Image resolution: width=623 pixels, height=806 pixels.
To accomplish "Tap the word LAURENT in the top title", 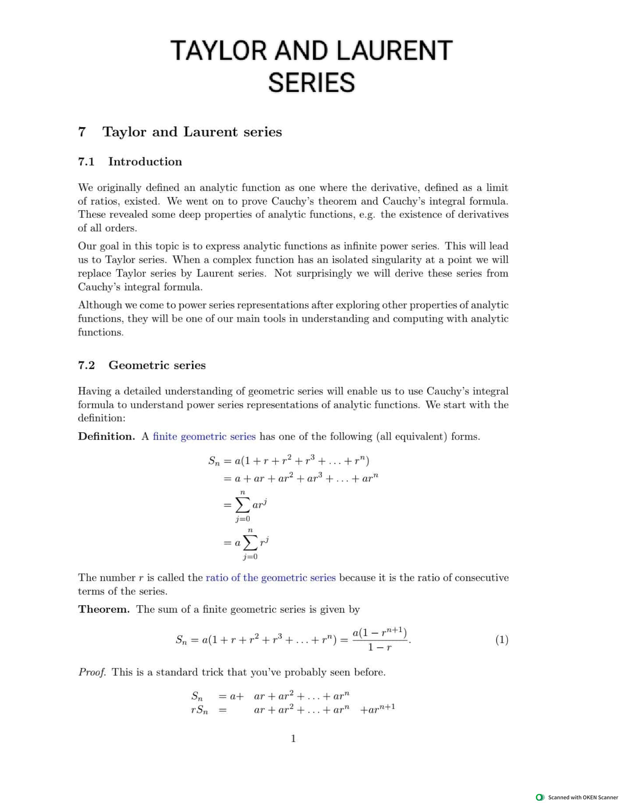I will pyautogui.click(x=394, y=50).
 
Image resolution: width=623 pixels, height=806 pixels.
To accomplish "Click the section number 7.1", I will pyautogui.click(x=86, y=162).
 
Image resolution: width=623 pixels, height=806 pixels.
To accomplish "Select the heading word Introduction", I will pyautogui.click(x=145, y=162).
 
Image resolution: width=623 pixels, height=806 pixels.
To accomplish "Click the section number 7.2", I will pyautogui.click(x=86, y=365).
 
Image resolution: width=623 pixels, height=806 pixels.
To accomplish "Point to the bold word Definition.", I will pyautogui.click(x=106, y=436).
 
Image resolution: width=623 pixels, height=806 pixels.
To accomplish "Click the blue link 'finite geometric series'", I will pyautogui.click(x=204, y=436).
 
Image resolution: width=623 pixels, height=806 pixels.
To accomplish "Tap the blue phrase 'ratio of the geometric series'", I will pyautogui.click(x=270, y=578).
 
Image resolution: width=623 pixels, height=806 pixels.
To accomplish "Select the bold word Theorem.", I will pyautogui.click(x=104, y=609).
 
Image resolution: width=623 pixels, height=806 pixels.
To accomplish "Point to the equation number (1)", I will pyautogui.click(x=502, y=640).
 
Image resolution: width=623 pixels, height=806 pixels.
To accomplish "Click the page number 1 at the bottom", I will pyautogui.click(x=293, y=739).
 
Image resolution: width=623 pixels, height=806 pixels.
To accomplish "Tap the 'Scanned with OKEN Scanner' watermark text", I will pyautogui.click(x=583, y=797).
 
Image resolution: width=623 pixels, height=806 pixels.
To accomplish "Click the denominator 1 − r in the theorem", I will pyautogui.click(x=380, y=648).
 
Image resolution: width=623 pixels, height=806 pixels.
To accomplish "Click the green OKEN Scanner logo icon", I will pyautogui.click(x=540, y=797).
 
